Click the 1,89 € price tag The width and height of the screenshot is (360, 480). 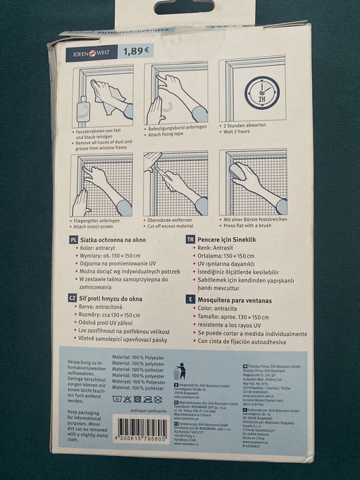(x=138, y=51)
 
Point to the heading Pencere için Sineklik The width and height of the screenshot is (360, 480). (x=234, y=240)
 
